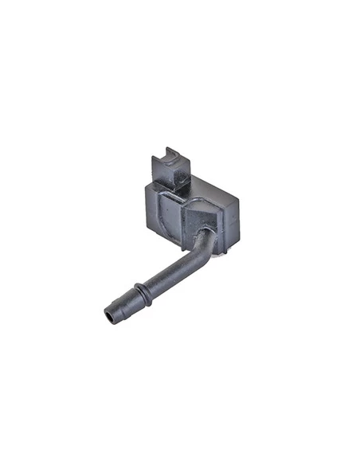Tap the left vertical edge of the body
(143, 203)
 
